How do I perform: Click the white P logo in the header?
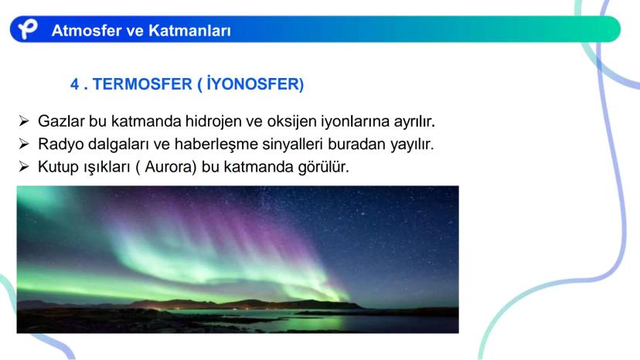[x=27, y=29]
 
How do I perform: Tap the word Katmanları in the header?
[x=189, y=31]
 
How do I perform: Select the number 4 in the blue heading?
[x=74, y=84]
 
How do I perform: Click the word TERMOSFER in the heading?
[x=142, y=84]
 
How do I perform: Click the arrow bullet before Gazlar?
[x=24, y=121]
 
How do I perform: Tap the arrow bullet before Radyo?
[x=24, y=144]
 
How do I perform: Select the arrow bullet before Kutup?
[x=24, y=167]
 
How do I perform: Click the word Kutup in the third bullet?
[x=59, y=168]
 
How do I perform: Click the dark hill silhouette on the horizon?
[x=245, y=304]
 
